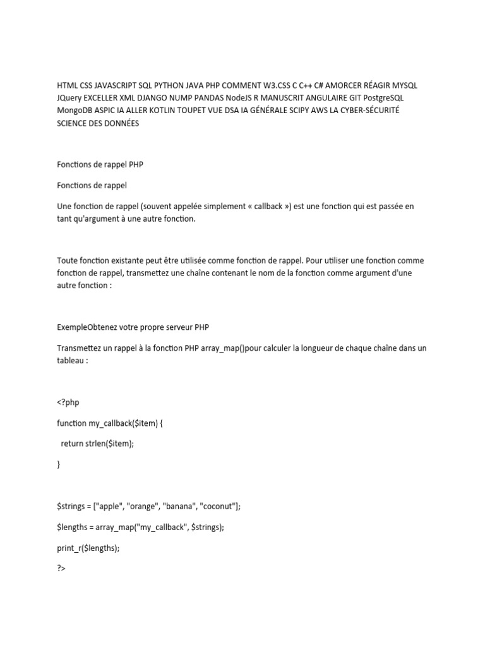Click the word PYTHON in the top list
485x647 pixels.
point(169,85)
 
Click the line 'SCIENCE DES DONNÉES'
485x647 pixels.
point(98,123)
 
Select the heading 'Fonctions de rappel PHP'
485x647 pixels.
point(100,166)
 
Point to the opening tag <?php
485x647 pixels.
point(68,402)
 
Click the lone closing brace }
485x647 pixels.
point(59,464)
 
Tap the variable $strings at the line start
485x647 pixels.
point(71,506)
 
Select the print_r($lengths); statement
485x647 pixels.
point(88,548)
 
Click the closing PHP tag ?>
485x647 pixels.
point(61,569)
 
